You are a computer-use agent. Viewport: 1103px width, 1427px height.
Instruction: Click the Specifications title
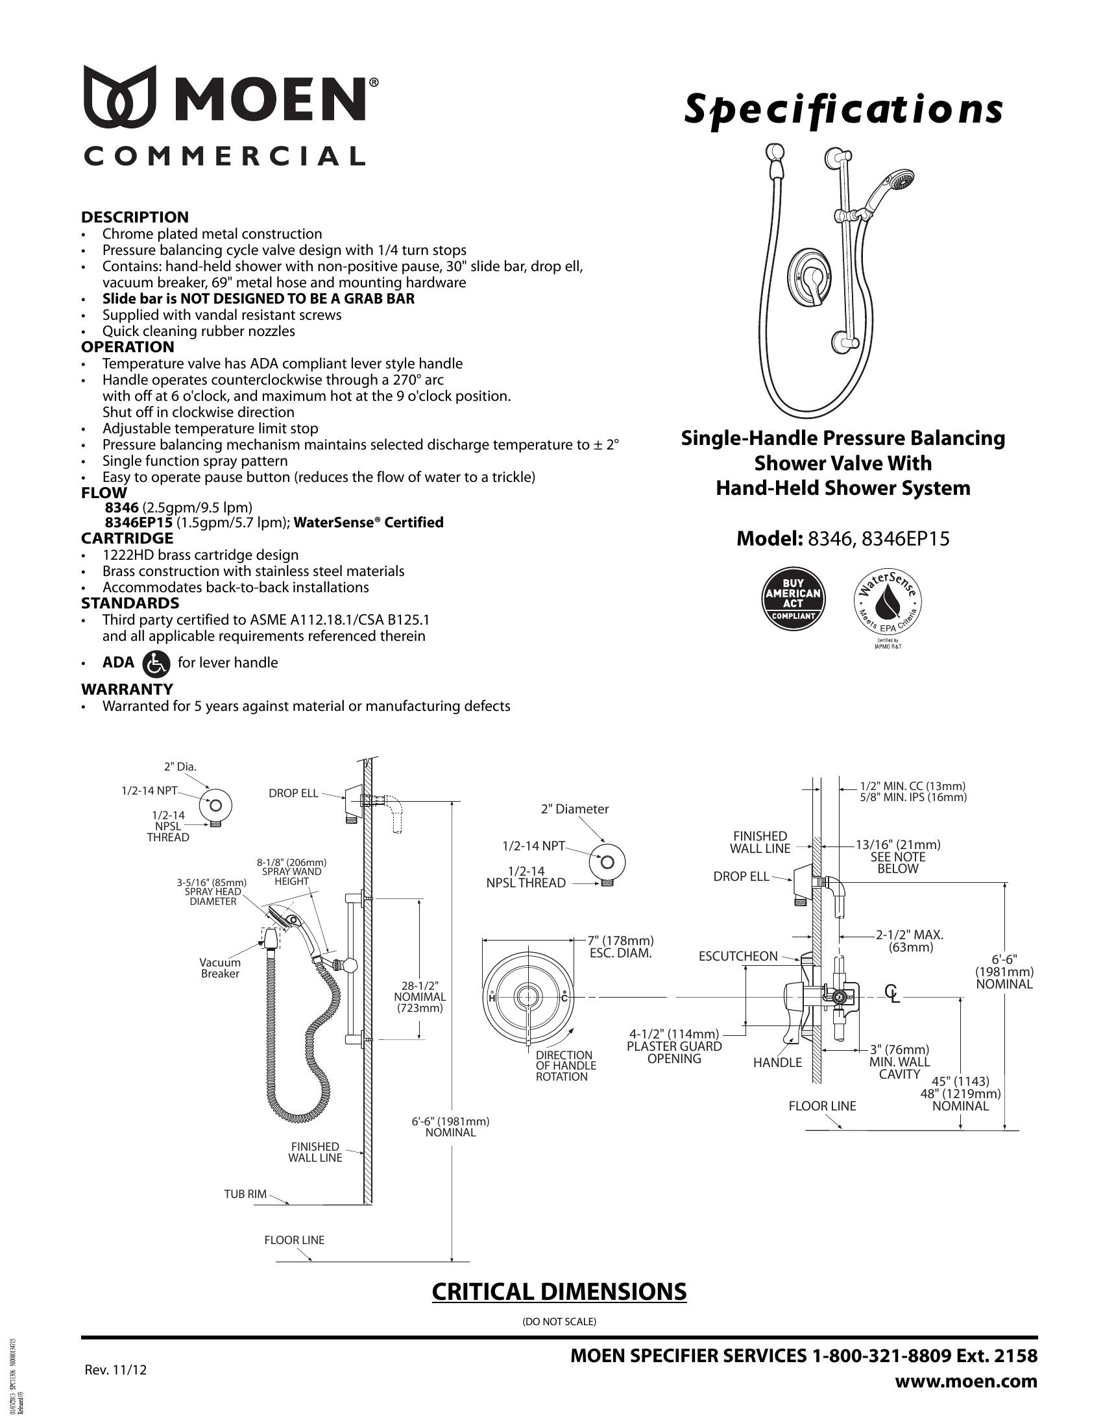tap(843, 109)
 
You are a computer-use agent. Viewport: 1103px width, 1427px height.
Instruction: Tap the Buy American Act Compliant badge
tap(794, 599)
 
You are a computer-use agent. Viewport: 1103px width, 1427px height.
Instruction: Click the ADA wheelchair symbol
tap(156, 662)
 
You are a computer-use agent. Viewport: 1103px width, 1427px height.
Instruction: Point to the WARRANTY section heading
tap(127, 690)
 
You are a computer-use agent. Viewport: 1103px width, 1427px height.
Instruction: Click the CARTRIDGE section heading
tap(127, 538)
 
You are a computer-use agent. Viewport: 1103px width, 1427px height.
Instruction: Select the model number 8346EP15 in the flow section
tap(139, 522)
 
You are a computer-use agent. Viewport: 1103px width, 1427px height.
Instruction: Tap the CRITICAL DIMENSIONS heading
tap(559, 1291)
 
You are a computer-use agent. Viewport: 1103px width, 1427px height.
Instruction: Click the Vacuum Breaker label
tap(219, 968)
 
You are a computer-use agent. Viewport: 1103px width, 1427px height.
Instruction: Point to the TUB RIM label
tap(245, 1193)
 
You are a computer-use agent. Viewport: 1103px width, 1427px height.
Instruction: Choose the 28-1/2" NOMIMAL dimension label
tap(420, 996)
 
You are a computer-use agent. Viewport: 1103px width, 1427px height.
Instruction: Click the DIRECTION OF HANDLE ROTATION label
tap(565, 1066)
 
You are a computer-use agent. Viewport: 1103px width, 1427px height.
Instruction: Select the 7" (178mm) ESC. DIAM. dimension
tap(620, 947)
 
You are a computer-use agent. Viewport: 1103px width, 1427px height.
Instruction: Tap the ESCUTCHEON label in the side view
tap(738, 957)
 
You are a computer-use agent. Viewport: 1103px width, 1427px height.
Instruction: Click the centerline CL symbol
tap(892, 994)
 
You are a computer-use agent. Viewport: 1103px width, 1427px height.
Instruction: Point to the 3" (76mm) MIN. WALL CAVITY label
tap(899, 1062)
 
